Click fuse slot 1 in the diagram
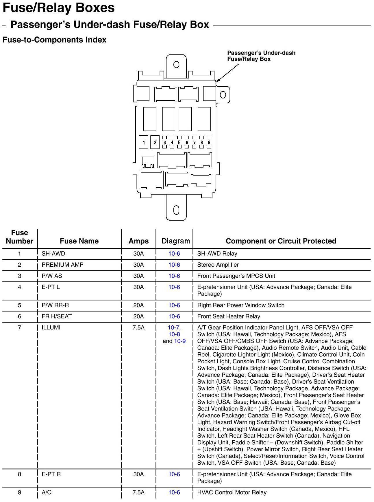(x=144, y=142)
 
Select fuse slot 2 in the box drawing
(x=155, y=142)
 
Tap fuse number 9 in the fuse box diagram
(x=209, y=142)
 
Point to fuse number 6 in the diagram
(x=187, y=142)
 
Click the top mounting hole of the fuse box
(x=176, y=64)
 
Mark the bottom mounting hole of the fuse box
(x=176, y=210)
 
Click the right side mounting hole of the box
(x=223, y=95)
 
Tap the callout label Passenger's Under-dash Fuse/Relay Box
(x=261, y=56)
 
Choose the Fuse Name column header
(x=79, y=241)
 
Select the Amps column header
(x=139, y=241)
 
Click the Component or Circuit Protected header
(x=281, y=241)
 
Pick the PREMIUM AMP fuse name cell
(x=62, y=265)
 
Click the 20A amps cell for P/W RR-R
(x=138, y=305)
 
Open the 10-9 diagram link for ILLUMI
(x=180, y=341)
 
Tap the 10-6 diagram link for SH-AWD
(x=174, y=254)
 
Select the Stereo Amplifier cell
(x=218, y=265)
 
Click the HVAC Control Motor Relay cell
(x=232, y=492)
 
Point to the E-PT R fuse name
(x=51, y=474)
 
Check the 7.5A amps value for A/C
(x=138, y=492)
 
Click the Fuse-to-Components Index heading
(x=54, y=40)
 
